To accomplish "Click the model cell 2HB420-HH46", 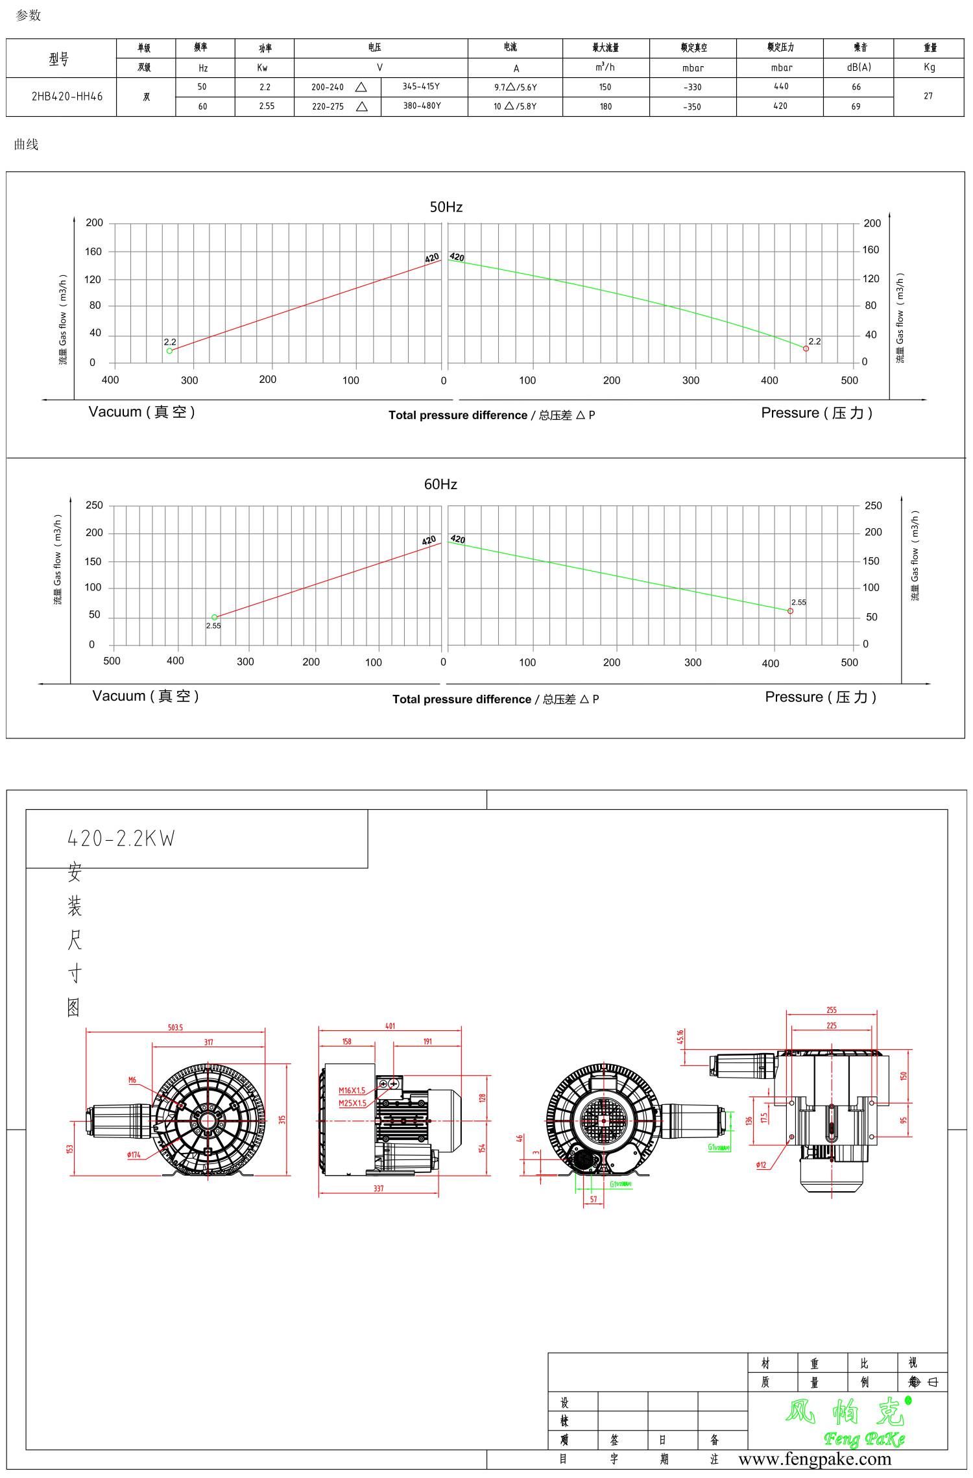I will pos(67,97).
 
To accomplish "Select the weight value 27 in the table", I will pos(928,96).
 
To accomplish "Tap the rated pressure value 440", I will pos(781,86).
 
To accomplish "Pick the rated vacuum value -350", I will pos(692,107).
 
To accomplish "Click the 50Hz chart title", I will pos(446,207).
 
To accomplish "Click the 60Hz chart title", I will pos(440,484).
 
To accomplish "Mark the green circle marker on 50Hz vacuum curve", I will pos(170,351).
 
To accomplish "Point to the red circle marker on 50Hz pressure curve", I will pos(806,348).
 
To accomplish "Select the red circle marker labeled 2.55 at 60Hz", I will pos(790,611).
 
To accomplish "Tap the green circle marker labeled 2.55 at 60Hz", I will pos(215,618).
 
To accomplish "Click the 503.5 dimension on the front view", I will pos(175,1028).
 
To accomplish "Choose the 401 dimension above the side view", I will pos(390,1026).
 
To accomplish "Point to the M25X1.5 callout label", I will pos(352,1103).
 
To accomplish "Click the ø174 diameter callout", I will pos(134,1155).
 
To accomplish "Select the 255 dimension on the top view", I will pos(832,1010).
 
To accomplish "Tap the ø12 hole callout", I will pos(761,1165).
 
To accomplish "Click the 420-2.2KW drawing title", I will pos(121,839).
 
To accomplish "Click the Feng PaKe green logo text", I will pos(864,1440).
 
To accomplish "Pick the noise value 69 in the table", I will pos(856,107).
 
